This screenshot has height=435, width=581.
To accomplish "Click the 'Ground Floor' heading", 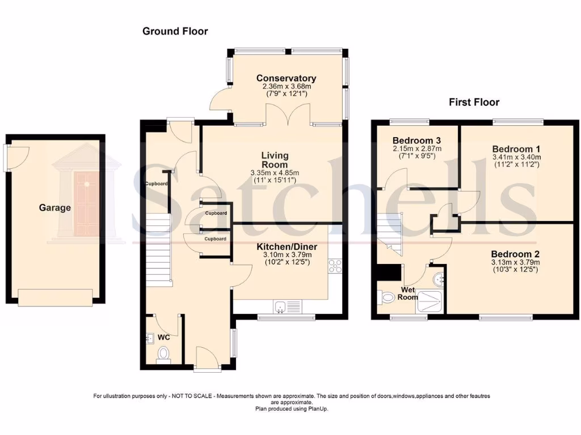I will tap(175, 31).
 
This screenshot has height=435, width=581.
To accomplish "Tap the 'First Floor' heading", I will tap(474, 102).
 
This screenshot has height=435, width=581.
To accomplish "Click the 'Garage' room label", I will tap(55, 208).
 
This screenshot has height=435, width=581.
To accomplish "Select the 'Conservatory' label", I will tap(286, 78).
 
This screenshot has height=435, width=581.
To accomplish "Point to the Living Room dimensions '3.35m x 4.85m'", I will tap(275, 173).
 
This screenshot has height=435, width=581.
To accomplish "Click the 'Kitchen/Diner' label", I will tap(287, 247).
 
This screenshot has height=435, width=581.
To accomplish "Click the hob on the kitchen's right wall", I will tap(335, 266).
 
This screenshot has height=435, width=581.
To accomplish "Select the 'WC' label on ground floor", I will tap(163, 338).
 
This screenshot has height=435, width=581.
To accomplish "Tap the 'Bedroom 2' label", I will tap(515, 254).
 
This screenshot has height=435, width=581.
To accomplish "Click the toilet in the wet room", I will tap(388, 297).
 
